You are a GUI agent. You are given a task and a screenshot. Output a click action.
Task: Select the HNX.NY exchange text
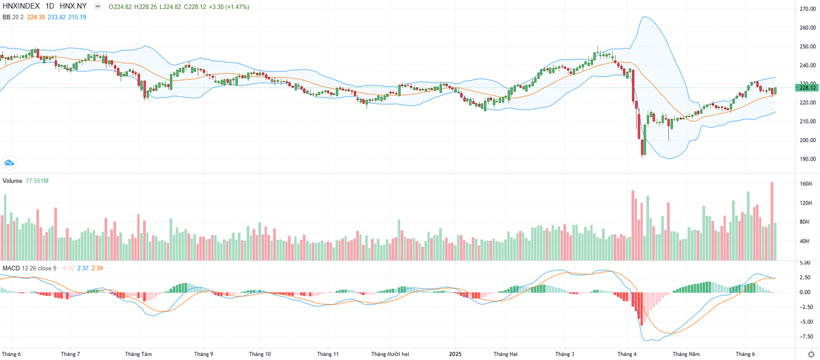click(x=73, y=6)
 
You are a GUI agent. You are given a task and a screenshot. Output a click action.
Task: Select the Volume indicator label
click(x=12, y=180)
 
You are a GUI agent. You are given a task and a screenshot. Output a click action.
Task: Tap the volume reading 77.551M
click(x=37, y=180)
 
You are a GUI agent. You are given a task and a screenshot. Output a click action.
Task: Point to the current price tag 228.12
click(x=807, y=87)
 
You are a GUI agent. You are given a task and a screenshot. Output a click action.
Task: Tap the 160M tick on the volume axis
click(x=805, y=184)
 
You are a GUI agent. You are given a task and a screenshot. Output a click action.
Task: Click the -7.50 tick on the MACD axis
click(x=805, y=335)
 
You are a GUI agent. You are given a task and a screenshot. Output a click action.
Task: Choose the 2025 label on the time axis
click(x=456, y=354)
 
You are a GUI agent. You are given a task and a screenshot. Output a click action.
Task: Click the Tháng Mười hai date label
click(x=390, y=354)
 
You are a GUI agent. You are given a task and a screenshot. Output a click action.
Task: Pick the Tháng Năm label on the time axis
click(x=686, y=354)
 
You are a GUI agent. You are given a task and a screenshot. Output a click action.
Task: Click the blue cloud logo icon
click(x=10, y=163)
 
